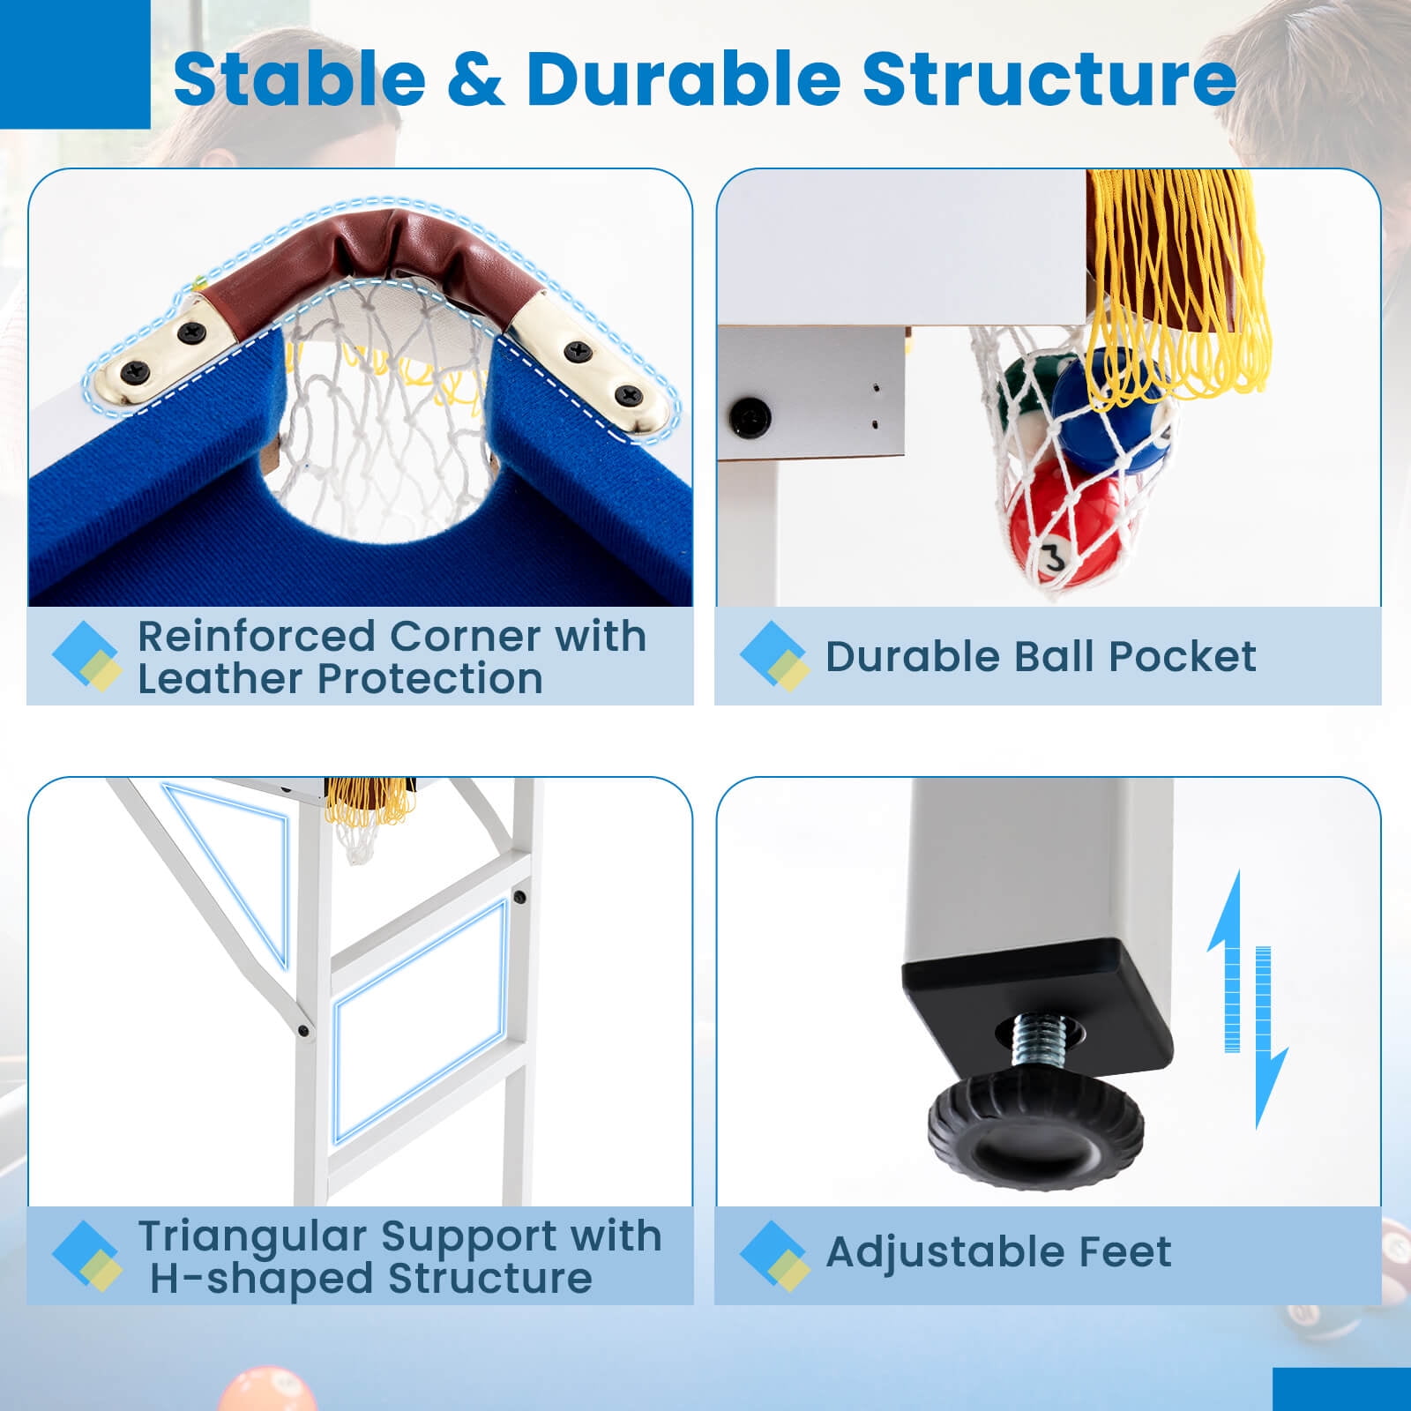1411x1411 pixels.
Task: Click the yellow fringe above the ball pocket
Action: pyautogui.click(x=1177, y=282)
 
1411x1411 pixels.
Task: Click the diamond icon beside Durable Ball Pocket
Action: pyautogui.click(x=774, y=656)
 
